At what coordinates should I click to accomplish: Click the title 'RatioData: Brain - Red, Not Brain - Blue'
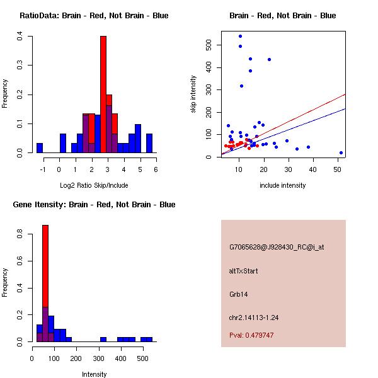coord(94,16)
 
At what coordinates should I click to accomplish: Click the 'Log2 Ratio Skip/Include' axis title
coord(94,185)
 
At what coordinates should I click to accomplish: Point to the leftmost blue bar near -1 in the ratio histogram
coord(40,148)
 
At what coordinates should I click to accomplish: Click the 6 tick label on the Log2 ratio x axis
coord(156,169)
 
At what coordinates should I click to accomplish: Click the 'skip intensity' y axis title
coord(193,94)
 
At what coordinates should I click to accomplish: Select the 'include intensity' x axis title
coord(283,185)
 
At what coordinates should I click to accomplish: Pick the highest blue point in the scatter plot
coord(240,36)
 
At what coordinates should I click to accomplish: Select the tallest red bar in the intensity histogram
coord(45,283)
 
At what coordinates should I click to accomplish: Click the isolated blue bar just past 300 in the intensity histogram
coord(103,339)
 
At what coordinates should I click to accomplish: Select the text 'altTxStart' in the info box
coord(244,271)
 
